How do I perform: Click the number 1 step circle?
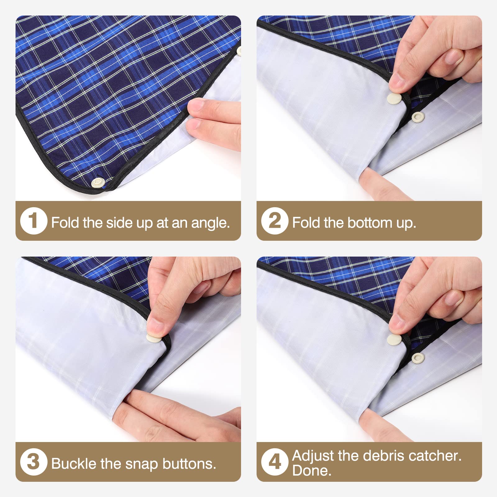click(x=34, y=221)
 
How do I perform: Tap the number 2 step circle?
click(x=275, y=221)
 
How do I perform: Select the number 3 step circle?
click(x=34, y=462)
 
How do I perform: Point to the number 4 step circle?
click(x=275, y=462)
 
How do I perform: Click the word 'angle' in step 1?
click(x=210, y=223)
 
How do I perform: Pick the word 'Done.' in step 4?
click(x=312, y=471)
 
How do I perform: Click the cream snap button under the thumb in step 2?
click(x=394, y=99)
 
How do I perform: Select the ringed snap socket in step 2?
click(x=417, y=116)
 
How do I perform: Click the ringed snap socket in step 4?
click(x=418, y=357)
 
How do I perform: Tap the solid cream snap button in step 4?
click(x=395, y=340)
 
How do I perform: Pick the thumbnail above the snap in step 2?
click(x=397, y=82)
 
